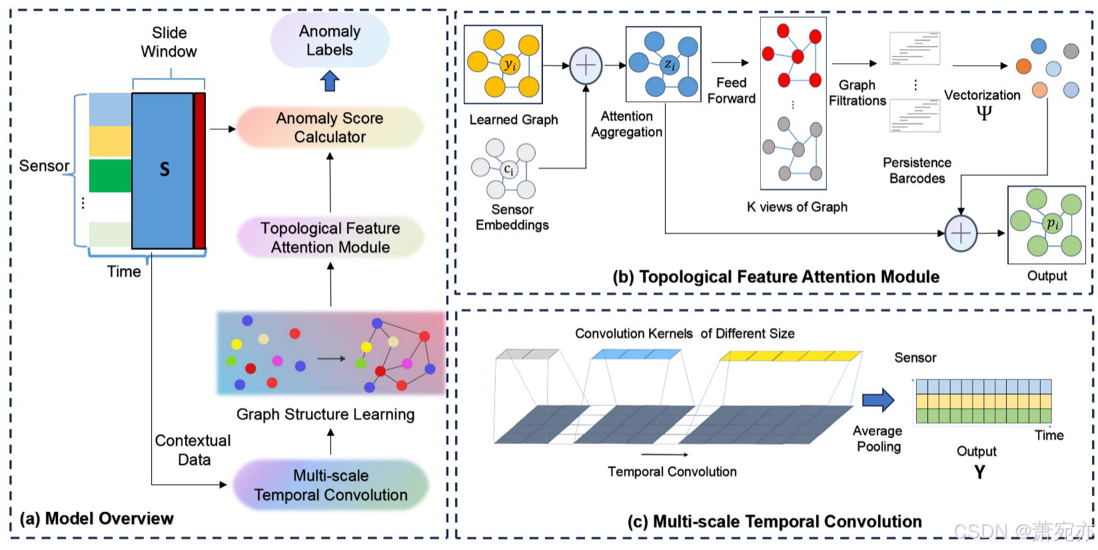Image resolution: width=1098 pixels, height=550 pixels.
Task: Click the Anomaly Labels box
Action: click(330, 41)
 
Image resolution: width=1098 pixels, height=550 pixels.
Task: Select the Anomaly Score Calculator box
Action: click(330, 127)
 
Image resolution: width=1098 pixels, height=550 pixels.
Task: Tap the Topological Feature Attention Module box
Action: click(330, 237)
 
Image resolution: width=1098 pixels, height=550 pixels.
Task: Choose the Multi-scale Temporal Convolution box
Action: click(330, 485)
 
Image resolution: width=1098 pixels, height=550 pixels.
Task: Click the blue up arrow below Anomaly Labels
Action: click(330, 81)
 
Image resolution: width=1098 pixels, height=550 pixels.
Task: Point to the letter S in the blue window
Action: click(165, 169)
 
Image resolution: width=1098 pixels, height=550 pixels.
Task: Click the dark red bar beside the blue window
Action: click(199, 171)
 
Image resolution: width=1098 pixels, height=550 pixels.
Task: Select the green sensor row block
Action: click(110, 175)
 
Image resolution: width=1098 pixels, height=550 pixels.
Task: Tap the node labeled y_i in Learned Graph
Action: click(510, 65)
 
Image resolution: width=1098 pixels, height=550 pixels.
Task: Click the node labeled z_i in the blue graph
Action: click(670, 65)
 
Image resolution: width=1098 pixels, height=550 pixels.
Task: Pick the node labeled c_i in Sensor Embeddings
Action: click(508, 169)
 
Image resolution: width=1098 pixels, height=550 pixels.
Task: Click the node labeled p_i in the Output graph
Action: click(1052, 223)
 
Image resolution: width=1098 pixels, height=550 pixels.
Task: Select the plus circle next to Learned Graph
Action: click(586, 65)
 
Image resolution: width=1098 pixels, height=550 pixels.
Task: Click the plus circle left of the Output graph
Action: click(961, 233)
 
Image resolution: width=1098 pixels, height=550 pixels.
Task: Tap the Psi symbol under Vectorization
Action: click(983, 112)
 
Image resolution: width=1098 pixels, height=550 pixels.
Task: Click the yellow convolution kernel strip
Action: click(791, 356)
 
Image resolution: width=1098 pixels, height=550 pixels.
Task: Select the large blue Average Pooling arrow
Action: click(877, 400)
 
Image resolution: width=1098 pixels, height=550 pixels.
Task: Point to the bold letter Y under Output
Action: click(979, 473)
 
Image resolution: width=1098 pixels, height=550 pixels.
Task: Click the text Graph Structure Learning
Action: click(325, 414)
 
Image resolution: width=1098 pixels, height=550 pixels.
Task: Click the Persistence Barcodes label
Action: click(917, 171)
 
